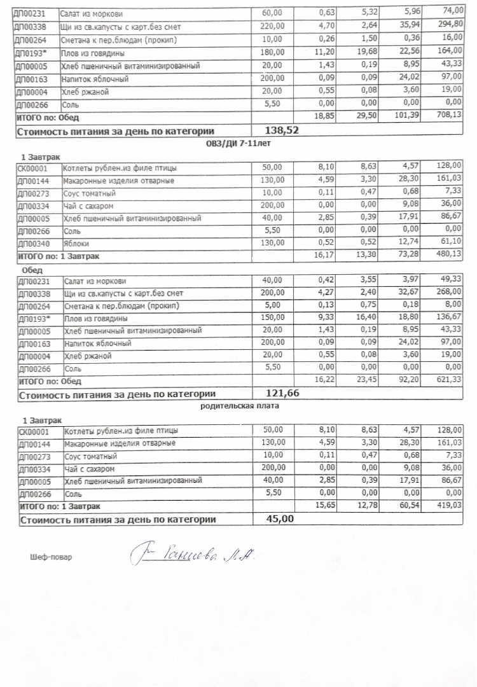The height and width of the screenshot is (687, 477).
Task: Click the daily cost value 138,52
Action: point(280,130)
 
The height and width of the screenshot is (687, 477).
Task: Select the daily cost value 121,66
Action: point(280,393)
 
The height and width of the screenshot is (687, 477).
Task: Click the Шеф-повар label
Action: point(51,557)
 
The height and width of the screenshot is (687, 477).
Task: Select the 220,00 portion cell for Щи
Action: point(274,26)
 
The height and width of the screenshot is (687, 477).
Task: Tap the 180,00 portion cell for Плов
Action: point(274,53)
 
